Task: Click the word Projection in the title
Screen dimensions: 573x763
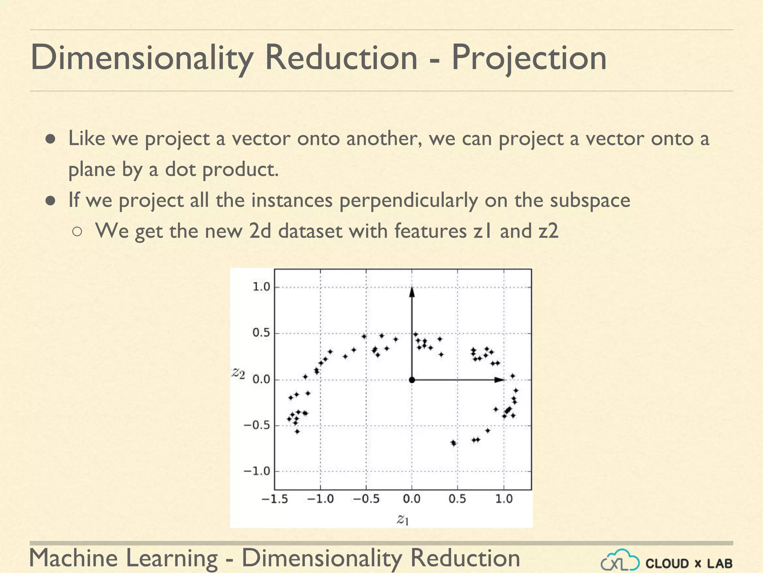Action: coord(529,58)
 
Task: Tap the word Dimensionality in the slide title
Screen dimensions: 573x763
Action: coord(142,58)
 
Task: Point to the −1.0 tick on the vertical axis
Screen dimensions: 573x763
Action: coord(257,471)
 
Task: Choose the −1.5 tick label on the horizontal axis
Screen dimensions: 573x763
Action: coord(275,499)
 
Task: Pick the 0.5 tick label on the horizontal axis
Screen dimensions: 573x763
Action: coord(457,499)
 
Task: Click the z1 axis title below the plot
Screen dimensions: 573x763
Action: coord(403,519)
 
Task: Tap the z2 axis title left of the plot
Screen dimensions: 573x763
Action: coord(238,373)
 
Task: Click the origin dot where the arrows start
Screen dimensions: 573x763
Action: coord(412,380)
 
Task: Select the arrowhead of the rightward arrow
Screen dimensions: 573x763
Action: coord(499,380)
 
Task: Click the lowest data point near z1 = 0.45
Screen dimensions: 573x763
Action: coord(453,443)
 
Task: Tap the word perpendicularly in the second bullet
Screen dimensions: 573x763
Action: coord(408,200)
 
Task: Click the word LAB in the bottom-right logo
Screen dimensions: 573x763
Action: coord(720,563)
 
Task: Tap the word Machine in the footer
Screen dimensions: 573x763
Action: coord(73,558)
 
